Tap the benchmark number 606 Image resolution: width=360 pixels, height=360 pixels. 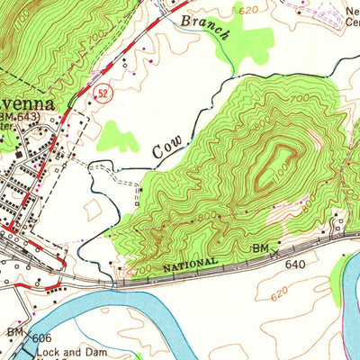pyautogui.click(x=38, y=334)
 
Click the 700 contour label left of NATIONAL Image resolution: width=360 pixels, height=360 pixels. pyautogui.click(x=142, y=268)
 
